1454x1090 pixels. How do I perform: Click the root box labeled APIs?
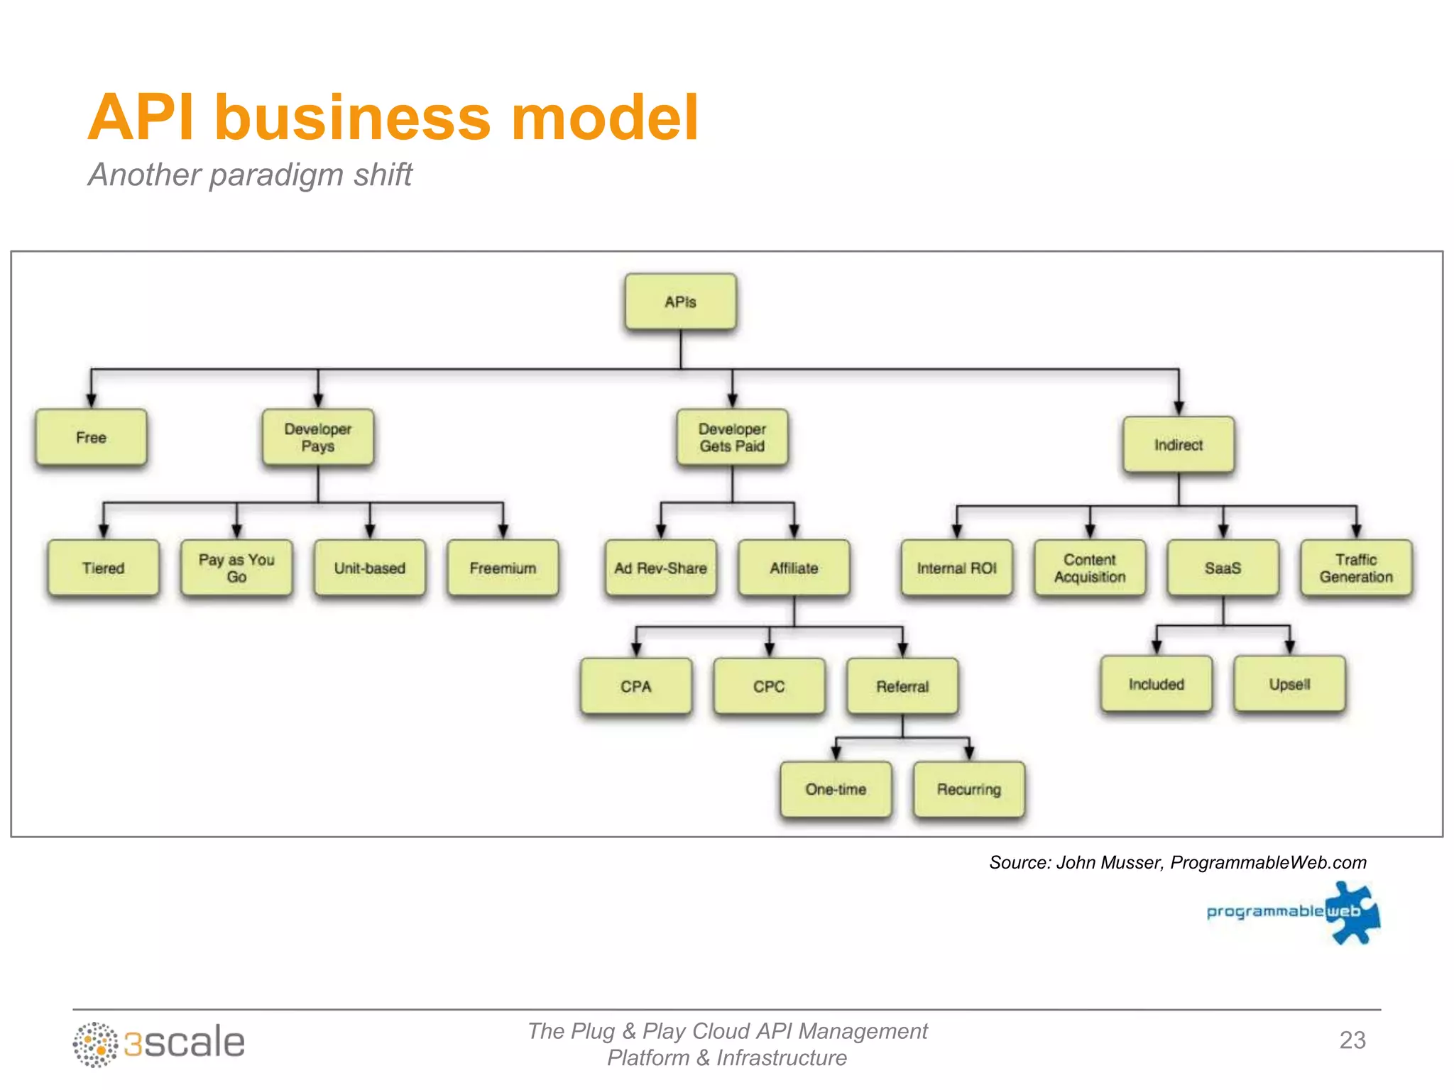pyautogui.click(x=680, y=302)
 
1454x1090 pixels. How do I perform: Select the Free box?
pyautogui.click(x=91, y=437)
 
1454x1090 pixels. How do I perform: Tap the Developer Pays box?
pyautogui.click(x=317, y=437)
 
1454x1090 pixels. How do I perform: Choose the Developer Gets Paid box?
pyautogui.click(x=732, y=437)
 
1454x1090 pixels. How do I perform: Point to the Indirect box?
pyautogui.click(x=1178, y=445)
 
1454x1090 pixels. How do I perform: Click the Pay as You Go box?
pyautogui.click(x=236, y=568)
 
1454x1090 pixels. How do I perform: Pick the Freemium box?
pyautogui.click(x=503, y=568)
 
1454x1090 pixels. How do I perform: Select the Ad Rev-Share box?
pyautogui.click(x=660, y=568)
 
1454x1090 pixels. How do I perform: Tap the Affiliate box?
pyautogui.click(x=794, y=568)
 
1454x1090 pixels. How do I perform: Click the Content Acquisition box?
pyautogui.click(x=1090, y=568)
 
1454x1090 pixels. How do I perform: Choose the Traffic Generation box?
pyautogui.click(x=1356, y=568)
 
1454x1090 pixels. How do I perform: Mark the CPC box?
pyautogui.click(x=769, y=686)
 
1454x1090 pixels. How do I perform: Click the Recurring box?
pyautogui.click(x=968, y=789)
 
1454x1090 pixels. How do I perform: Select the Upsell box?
pyautogui.click(x=1289, y=684)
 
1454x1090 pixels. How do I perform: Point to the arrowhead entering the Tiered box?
pyautogui.click(x=104, y=532)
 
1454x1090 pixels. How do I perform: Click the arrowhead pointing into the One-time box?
pyautogui.click(x=836, y=753)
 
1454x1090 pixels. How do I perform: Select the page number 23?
pyautogui.click(x=1352, y=1040)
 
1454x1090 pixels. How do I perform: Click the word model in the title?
pyautogui.click(x=605, y=118)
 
